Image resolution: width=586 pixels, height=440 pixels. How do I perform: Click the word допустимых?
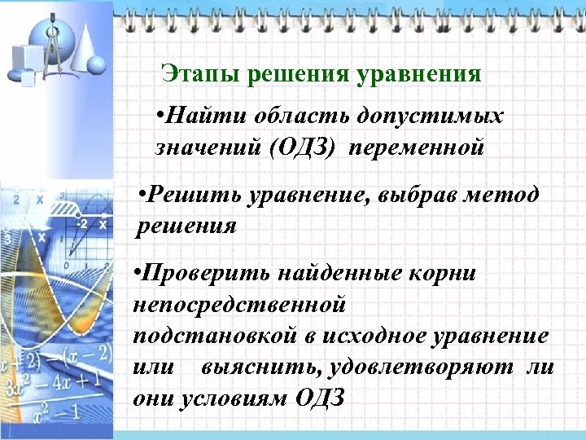(x=422, y=117)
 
